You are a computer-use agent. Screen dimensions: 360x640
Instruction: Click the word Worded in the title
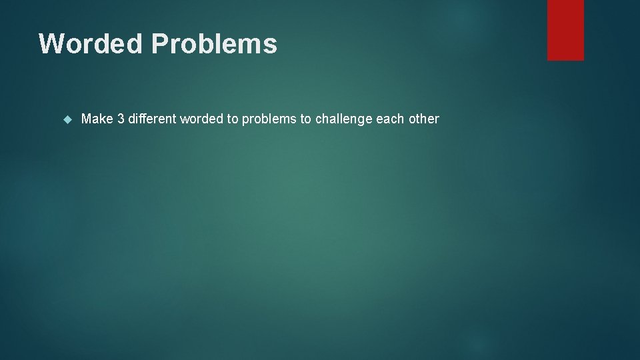click(x=91, y=44)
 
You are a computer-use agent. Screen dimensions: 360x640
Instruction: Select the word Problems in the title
click(x=214, y=44)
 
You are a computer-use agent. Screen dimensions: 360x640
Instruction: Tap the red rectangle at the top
click(x=565, y=29)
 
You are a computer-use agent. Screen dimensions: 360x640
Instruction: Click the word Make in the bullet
click(x=97, y=119)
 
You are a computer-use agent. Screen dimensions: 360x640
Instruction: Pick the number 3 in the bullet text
click(x=121, y=119)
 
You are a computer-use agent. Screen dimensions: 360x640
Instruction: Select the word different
click(x=152, y=119)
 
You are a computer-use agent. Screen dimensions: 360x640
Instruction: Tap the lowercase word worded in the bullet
click(x=202, y=119)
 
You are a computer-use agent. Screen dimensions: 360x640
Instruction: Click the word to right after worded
click(x=233, y=119)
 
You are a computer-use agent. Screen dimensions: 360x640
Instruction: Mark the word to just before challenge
click(x=305, y=119)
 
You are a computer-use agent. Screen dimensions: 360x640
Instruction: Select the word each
click(x=389, y=119)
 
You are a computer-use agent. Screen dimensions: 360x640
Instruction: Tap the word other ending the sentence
click(x=423, y=119)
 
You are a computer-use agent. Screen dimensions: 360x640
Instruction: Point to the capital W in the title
click(x=51, y=44)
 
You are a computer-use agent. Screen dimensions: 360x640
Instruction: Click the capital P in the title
click(x=160, y=44)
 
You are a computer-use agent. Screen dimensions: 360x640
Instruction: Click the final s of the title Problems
click(x=271, y=45)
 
